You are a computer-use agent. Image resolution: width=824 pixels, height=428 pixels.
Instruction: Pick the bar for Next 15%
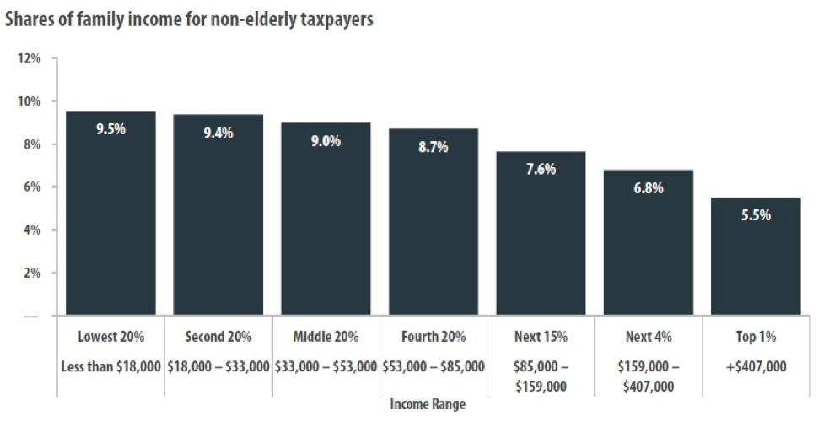[541, 233]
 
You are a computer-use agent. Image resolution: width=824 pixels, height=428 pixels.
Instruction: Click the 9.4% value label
[218, 133]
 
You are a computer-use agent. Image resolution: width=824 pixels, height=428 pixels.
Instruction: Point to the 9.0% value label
[326, 141]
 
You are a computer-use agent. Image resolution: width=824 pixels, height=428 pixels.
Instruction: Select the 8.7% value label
[434, 147]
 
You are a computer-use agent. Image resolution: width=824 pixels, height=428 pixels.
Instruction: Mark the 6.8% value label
[649, 188]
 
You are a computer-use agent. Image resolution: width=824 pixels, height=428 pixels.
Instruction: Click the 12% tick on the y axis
[29, 59]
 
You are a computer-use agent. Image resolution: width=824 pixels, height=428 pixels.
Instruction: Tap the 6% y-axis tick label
[31, 187]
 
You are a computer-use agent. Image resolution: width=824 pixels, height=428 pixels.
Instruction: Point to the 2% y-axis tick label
[31, 274]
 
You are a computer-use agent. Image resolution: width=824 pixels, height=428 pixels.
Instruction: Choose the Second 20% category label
[218, 337]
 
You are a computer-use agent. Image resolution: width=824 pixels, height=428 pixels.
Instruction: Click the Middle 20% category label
[326, 337]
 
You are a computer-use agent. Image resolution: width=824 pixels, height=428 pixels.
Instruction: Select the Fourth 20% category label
[434, 337]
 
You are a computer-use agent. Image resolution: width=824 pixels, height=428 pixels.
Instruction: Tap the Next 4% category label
[649, 337]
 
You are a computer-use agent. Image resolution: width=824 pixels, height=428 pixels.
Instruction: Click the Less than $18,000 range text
[110, 366]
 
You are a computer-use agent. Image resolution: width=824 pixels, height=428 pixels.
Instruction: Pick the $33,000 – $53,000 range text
[326, 366]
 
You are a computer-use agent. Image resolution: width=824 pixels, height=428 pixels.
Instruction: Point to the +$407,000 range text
[756, 366]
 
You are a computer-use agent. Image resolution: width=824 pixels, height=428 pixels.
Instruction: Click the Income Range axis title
[428, 404]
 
